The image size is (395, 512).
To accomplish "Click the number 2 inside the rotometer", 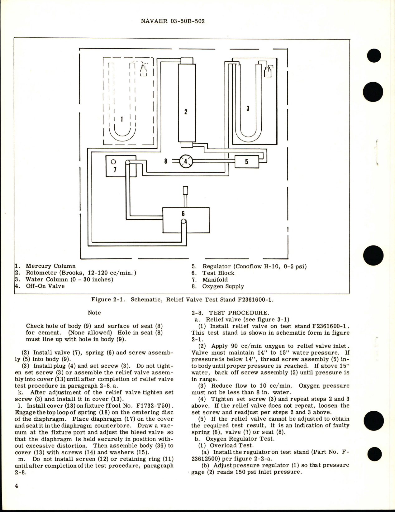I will point(186,112).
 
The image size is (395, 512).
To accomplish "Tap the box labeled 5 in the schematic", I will point(246,162).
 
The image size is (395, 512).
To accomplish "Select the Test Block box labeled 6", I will point(186,220).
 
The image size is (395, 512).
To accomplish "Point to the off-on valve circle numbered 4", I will point(186,161).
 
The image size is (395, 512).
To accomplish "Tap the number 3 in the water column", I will point(248,109).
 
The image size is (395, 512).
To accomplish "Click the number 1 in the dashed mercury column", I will point(122,119).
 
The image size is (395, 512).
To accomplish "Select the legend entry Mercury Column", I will point(50,266).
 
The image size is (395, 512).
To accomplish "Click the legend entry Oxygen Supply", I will point(223,286).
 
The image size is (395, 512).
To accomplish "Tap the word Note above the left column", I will point(94,313).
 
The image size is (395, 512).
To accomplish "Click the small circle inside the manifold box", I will point(113,162).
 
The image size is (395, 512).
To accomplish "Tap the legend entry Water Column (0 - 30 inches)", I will point(69,280).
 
